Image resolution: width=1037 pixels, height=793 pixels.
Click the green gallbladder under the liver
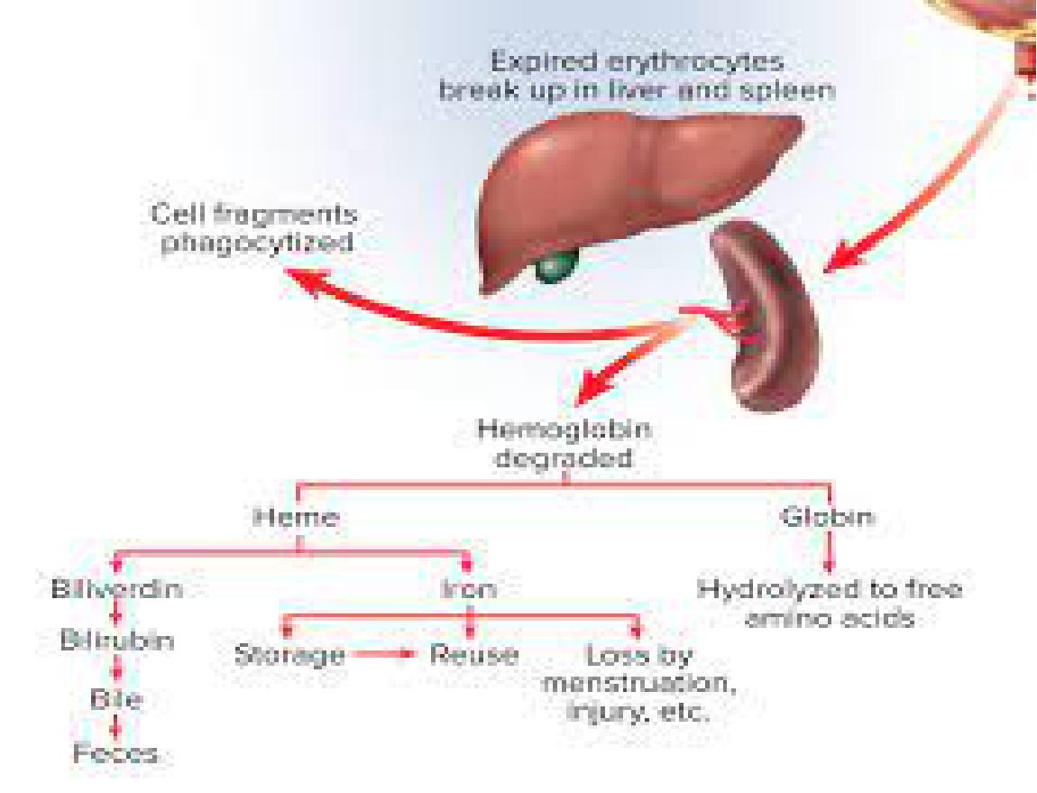coord(555,267)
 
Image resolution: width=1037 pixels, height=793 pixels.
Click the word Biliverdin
coord(117,588)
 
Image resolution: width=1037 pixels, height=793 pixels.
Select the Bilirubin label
coord(118,641)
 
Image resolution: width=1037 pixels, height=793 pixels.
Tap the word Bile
coord(116,698)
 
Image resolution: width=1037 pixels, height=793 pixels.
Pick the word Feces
coord(115,753)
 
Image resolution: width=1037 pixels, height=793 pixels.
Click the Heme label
coord(297,516)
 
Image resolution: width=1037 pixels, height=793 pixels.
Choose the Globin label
coord(828,516)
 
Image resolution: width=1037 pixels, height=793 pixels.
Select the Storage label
coord(290,655)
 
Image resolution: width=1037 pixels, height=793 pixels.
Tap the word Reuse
coord(473,655)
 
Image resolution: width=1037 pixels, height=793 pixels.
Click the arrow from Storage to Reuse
coord(382,655)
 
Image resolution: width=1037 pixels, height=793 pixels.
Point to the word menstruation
coord(638,684)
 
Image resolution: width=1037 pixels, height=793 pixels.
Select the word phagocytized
coord(257,243)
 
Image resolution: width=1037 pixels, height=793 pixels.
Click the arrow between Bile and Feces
coord(116,725)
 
